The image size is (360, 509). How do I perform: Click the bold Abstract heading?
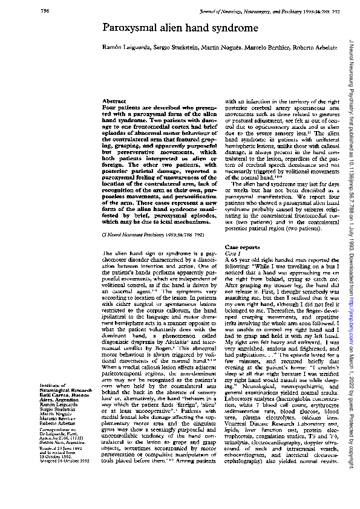coord(114,101)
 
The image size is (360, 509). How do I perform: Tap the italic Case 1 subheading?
coord(232,254)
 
